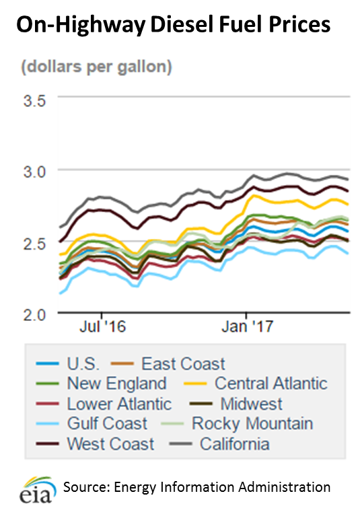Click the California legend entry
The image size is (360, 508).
click(234, 443)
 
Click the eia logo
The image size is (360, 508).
click(35, 488)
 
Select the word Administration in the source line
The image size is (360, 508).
click(291, 486)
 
